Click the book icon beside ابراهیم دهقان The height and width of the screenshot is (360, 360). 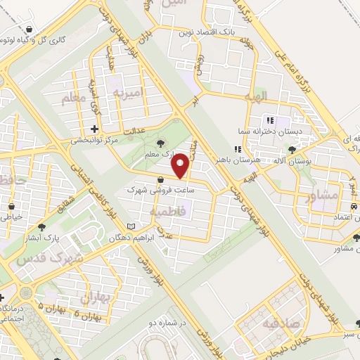click(x=131, y=226)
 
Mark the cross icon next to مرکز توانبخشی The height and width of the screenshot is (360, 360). click(x=95, y=129)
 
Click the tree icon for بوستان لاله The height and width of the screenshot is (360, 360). click(x=292, y=149)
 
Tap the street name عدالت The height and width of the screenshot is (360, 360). click(x=134, y=131)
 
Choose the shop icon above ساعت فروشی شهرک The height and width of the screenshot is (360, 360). click(x=162, y=178)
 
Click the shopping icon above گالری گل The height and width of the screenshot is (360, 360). click(x=30, y=30)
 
